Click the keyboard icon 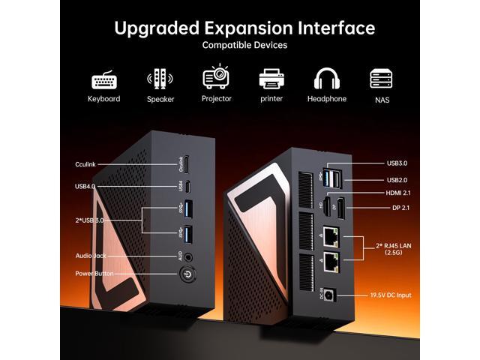(x=103, y=79)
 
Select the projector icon (x=216, y=78)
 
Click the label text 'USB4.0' (x=85, y=186)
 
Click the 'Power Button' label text (x=94, y=274)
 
